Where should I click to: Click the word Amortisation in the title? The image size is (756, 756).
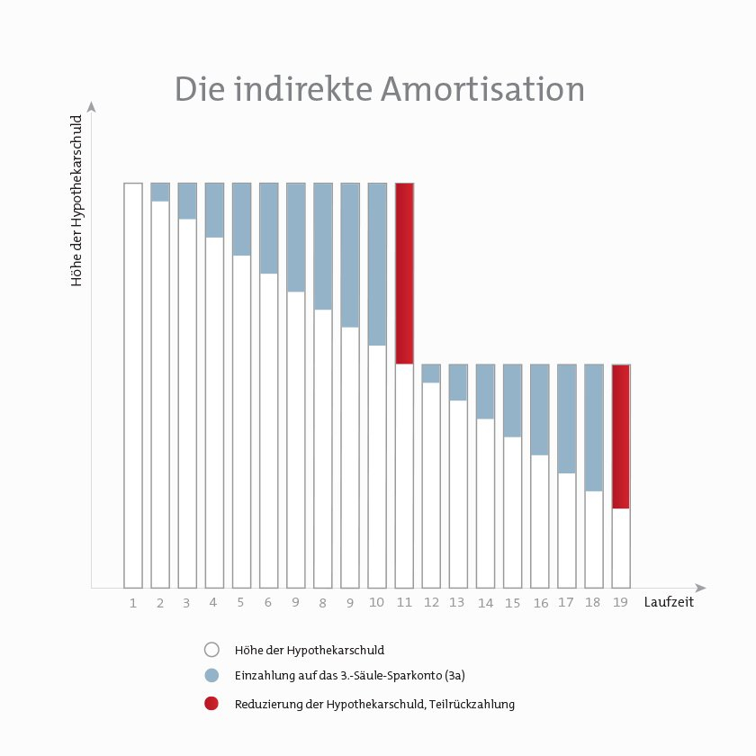[x=482, y=90]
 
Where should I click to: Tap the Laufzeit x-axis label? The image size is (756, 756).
[x=669, y=602]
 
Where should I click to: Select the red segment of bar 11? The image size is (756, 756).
[x=404, y=273]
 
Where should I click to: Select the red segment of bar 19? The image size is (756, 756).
[x=621, y=436]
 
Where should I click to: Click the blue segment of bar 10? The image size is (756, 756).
[x=377, y=264]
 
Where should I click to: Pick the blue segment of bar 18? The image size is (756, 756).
[x=594, y=427]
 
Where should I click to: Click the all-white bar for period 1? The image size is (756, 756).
[x=133, y=384]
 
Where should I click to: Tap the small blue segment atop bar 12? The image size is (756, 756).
[x=431, y=373]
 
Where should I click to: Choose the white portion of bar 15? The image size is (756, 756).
[x=512, y=511]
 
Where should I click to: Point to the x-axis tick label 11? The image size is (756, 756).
[x=404, y=603]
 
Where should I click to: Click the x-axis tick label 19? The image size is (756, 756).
[x=621, y=603]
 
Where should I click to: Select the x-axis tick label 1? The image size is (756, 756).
[x=133, y=603]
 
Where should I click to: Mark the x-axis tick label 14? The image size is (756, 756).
[x=485, y=603]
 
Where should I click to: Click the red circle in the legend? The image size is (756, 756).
[x=211, y=704]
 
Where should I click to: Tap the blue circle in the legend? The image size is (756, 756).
[x=211, y=676]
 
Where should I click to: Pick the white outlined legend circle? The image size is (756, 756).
[x=211, y=649]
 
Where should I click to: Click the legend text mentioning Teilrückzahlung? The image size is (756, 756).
[x=374, y=705]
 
